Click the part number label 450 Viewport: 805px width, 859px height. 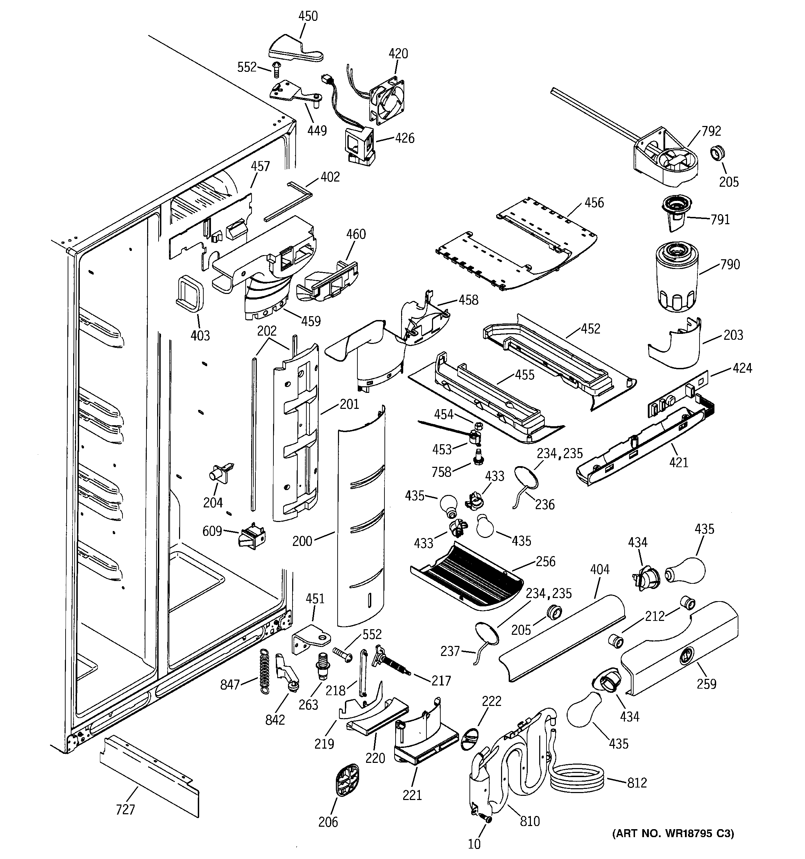[308, 16]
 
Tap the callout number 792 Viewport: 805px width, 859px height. [711, 131]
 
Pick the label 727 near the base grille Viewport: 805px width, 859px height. [125, 809]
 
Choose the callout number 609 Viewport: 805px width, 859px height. [212, 531]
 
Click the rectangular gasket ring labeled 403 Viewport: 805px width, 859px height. [189, 292]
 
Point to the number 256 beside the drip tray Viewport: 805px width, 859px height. [545, 561]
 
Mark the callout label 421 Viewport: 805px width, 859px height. [678, 462]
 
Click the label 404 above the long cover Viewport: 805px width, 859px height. [599, 570]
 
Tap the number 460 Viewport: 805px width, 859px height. [356, 234]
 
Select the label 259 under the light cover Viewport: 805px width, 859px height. [706, 684]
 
